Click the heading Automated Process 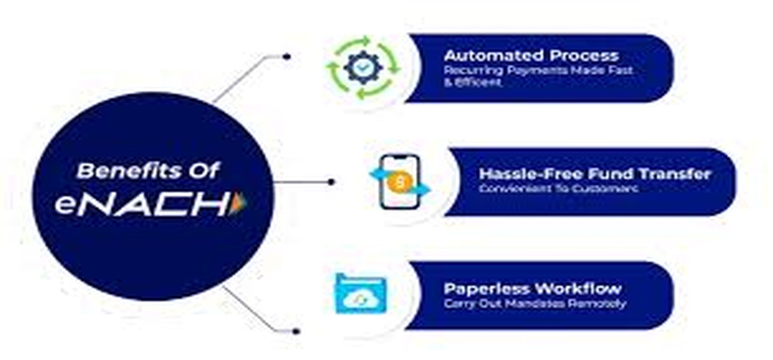coord(531,56)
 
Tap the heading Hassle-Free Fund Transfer coord(594,174)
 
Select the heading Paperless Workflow coord(532,288)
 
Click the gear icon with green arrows coord(362,68)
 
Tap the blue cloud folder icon coord(360,293)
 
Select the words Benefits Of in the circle coord(148,172)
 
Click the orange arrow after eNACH coord(239,204)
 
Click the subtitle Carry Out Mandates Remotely coord(534,304)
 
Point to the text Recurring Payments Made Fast coord(538,70)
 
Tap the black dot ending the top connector coord(287,56)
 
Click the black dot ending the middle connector coord(331,182)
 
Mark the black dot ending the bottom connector coord(295,331)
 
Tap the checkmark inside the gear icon coord(362,68)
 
